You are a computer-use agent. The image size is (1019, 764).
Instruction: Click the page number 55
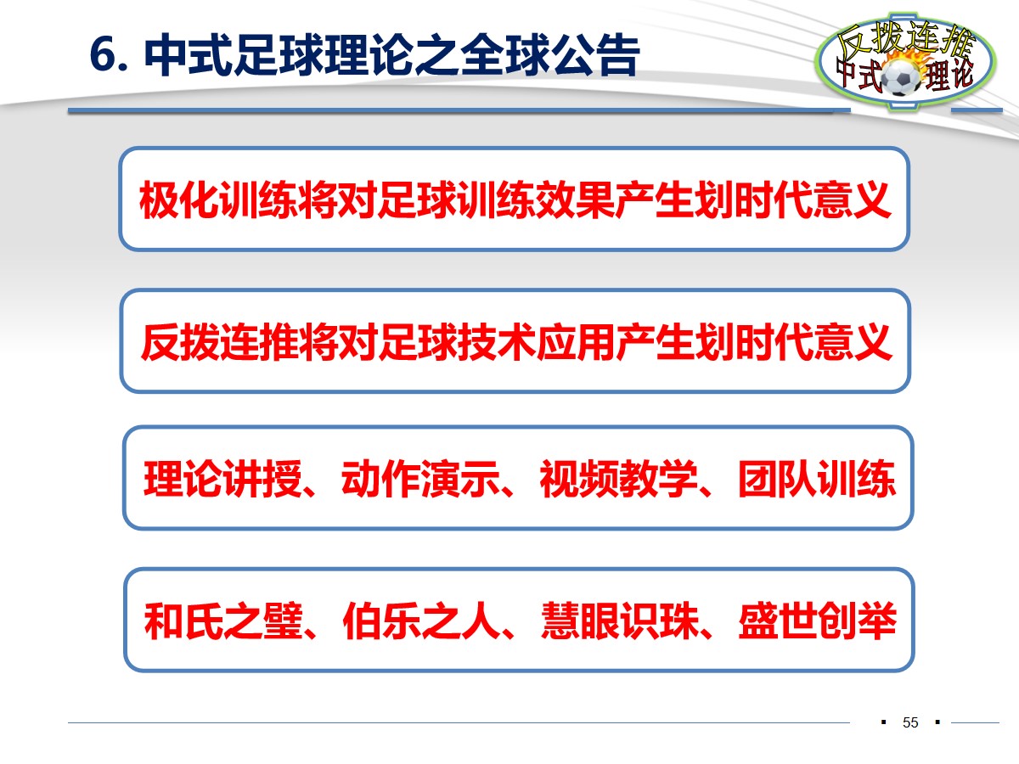pyautogui.click(x=910, y=723)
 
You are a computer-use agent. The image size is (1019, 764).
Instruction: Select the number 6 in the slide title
pyautogui.click(x=100, y=58)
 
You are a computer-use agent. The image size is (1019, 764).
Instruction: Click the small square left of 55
pyautogui.click(x=884, y=722)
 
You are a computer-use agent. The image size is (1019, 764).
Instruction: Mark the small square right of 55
pyautogui.click(x=937, y=722)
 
